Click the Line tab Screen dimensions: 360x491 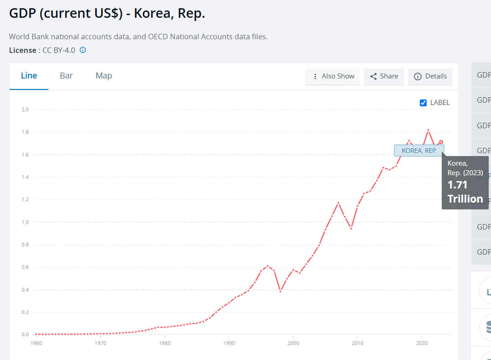click(29, 76)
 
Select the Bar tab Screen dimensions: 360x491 click(66, 76)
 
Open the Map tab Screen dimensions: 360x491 click(104, 76)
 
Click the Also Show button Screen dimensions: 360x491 click(333, 76)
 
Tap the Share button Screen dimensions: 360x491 click(384, 76)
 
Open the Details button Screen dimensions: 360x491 click(430, 76)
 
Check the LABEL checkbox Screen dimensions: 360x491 click(423, 103)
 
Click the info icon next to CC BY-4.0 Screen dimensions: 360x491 click(83, 50)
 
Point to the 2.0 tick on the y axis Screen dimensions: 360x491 click(25, 110)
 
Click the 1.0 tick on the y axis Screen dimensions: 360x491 click(25, 222)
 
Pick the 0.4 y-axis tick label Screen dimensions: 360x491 click(25, 290)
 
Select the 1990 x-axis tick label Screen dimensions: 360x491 click(229, 343)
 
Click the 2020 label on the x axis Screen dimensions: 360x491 click(421, 343)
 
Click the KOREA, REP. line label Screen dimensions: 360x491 click(419, 151)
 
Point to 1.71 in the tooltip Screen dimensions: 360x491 click(457, 185)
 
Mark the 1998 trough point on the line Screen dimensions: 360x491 click(280, 291)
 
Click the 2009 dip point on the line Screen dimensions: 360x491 click(351, 228)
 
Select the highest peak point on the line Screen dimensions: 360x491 click(428, 130)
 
